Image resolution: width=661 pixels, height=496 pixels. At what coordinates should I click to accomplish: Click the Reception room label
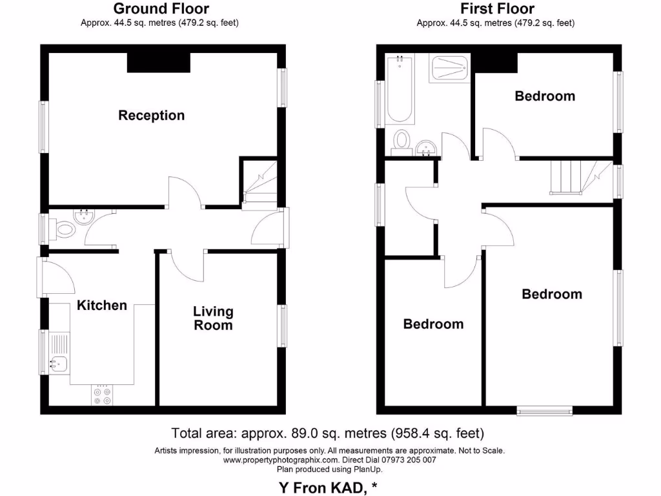pyautogui.click(x=151, y=116)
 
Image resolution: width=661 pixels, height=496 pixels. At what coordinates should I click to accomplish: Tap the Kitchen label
pyautogui.click(x=102, y=305)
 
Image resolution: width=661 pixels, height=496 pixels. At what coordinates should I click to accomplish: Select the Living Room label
pyautogui.click(x=213, y=318)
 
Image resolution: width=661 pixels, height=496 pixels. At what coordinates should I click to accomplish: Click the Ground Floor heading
pyautogui.click(x=161, y=9)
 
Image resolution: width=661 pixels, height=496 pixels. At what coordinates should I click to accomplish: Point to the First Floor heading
pyautogui.click(x=497, y=9)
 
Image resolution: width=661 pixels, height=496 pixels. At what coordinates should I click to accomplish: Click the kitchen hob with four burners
pyautogui.click(x=102, y=395)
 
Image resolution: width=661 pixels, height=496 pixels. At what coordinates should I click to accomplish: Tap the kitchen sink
pyautogui.click(x=57, y=364)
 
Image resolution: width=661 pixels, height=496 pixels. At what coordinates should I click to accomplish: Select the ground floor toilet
pyautogui.click(x=65, y=229)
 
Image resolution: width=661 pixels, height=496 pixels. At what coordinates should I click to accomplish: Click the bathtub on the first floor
pyautogui.click(x=400, y=90)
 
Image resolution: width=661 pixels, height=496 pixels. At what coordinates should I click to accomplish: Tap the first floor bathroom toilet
pyautogui.click(x=402, y=140)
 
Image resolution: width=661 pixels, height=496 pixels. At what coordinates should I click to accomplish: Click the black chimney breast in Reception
pyautogui.click(x=158, y=63)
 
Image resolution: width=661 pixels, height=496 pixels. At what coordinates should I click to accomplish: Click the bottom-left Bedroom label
pyautogui.click(x=433, y=324)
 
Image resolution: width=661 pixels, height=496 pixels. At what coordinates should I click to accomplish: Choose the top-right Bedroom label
pyautogui.click(x=545, y=96)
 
